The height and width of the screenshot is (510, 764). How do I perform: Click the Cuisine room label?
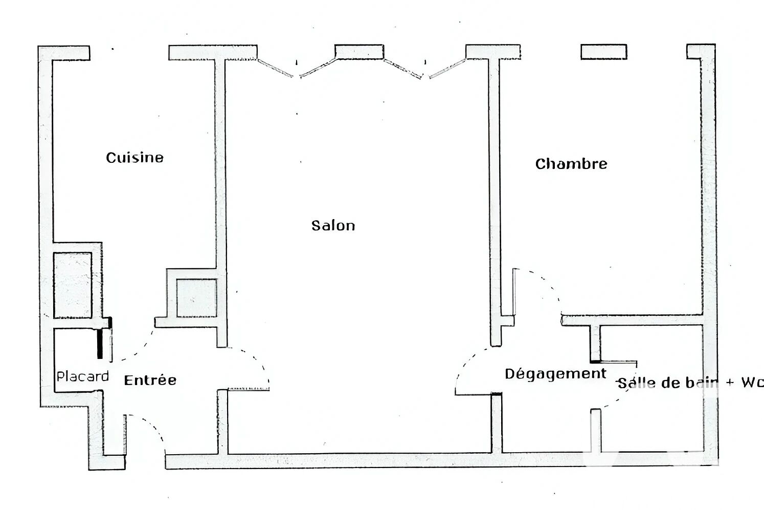click(134, 158)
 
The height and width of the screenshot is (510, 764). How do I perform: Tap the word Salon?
click(333, 226)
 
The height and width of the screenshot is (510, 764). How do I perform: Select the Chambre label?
click(571, 164)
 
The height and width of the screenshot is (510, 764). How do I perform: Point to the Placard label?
click(82, 376)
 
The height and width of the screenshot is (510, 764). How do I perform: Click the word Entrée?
click(150, 380)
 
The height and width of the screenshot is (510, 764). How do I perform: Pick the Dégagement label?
click(555, 374)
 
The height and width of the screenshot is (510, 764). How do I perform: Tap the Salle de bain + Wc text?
click(691, 383)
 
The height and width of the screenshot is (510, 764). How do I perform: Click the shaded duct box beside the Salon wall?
click(196, 298)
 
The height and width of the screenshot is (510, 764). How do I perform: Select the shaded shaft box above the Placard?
click(73, 285)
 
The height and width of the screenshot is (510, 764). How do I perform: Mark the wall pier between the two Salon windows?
click(359, 52)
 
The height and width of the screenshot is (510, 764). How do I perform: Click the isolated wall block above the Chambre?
click(604, 52)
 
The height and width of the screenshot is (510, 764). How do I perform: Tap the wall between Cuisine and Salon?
click(220, 164)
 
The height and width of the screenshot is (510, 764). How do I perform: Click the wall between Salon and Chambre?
click(495, 202)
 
